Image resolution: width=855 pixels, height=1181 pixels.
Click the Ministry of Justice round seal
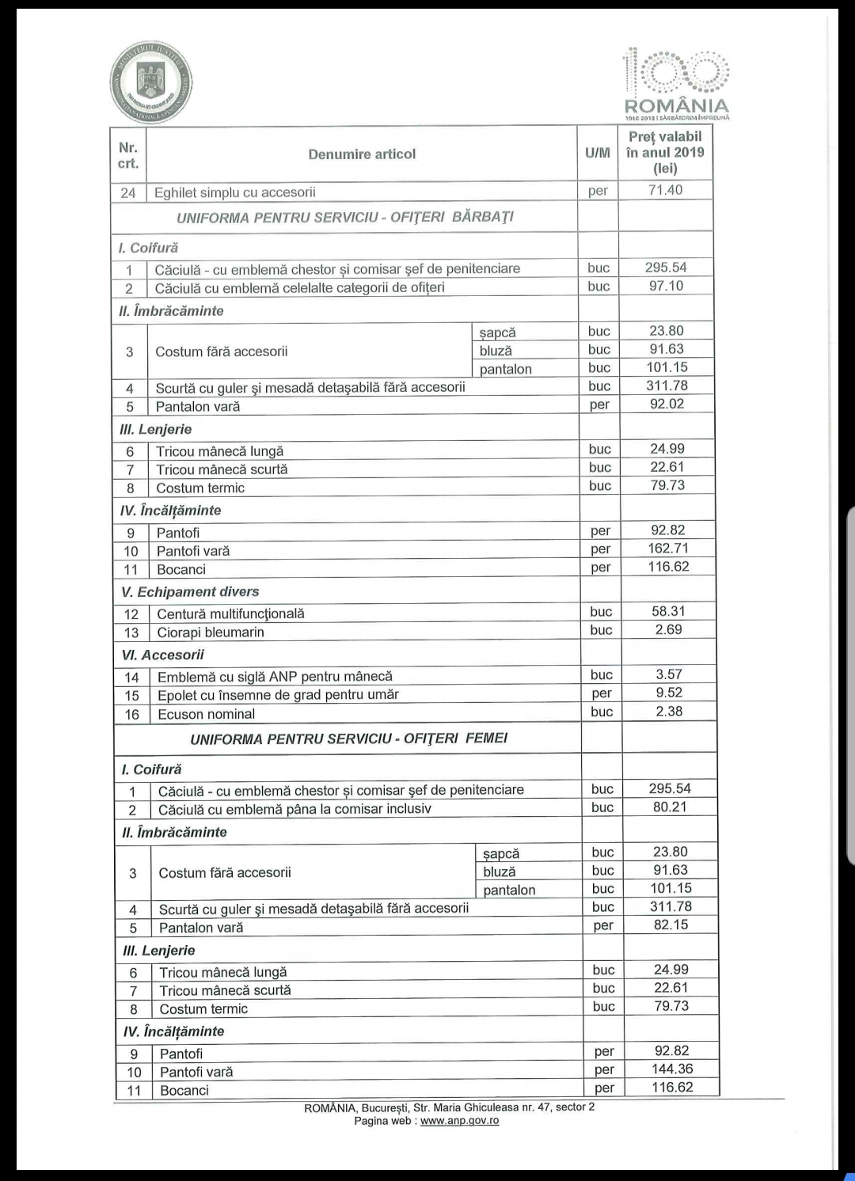click(151, 82)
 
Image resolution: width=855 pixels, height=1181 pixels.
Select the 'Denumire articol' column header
click(362, 154)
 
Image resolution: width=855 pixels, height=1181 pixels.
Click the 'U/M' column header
click(598, 154)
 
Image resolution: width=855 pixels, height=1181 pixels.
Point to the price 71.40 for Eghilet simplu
click(665, 190)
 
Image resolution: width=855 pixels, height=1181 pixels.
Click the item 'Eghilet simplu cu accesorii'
click(235, 192)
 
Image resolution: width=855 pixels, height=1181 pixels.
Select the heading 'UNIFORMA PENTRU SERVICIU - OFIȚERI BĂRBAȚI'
click(345, 217)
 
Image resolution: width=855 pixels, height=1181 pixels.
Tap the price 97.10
click(666, 286)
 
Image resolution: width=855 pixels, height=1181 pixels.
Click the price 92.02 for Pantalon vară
click(667, 404)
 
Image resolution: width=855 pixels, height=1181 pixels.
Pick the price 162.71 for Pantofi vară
click(668, 549)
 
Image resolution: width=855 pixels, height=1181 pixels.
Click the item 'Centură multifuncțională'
click(230, 613)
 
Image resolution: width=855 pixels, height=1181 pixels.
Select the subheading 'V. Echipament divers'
click(190, 592)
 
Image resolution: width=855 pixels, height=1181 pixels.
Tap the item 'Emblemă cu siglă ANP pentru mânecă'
click(275, 677)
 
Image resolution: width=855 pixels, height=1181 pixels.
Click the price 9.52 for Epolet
click(669, 693)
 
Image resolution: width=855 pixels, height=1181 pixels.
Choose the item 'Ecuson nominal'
click(207, 714)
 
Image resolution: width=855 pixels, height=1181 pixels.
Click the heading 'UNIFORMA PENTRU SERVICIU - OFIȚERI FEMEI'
click(349, 739)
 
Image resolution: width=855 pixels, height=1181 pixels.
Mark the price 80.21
click(670, 807)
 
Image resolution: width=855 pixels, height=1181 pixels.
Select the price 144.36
click(672, 1069)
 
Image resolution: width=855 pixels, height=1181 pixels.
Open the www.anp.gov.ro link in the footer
click(459, 1121)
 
